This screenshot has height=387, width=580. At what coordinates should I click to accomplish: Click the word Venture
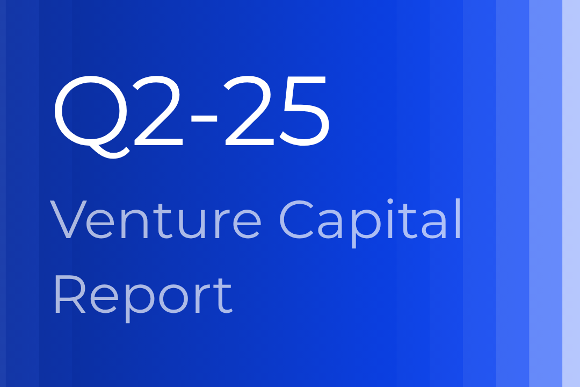pyautogui.click(x=156, y=220)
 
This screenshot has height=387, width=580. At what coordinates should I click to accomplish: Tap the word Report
pyautogui.click(x=142, y=296)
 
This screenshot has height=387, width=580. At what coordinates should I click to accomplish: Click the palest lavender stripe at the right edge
pyautogui.click(x=571, y=193)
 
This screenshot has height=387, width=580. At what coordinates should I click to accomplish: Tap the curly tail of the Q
pyautogui.click(x=107, y=149)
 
